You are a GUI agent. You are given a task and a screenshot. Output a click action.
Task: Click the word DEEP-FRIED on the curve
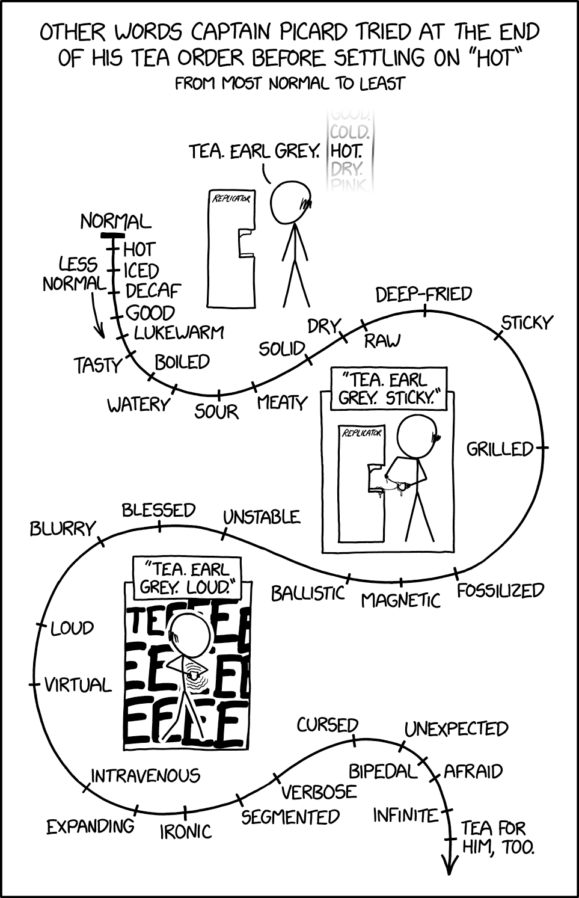[423, 294]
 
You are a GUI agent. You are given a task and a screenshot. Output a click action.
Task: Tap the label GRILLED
[500, 449]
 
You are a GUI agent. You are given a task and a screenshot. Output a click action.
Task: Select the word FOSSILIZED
[500, 591]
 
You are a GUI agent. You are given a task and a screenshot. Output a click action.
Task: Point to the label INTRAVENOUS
[146, 775]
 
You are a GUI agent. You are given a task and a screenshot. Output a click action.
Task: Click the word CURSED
[327, 725]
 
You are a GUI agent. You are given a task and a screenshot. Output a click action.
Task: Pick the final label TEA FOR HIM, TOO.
[497, 838]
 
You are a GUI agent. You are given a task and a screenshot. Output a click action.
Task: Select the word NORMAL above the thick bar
[115, 221]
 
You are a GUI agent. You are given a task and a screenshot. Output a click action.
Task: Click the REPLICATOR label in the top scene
[229, 198]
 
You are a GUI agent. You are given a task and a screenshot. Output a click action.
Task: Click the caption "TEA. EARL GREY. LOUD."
[186, 577]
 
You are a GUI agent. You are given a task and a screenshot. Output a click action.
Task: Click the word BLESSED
[159, 510]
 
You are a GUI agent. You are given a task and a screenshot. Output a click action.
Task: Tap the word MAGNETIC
[400, 600]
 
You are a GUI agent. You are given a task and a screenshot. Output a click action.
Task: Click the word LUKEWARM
[179, 332]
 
